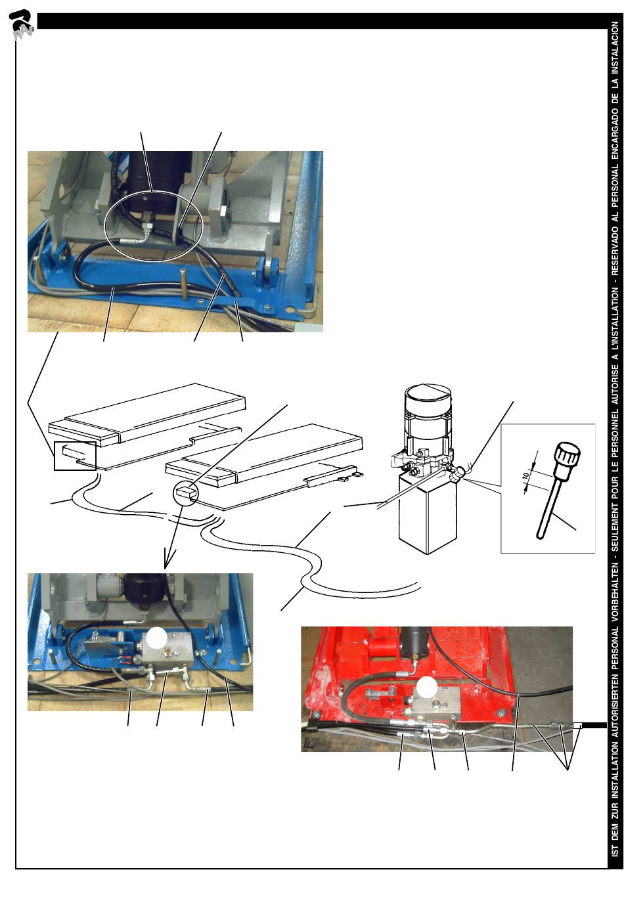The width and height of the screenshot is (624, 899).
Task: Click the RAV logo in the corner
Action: [22, 24]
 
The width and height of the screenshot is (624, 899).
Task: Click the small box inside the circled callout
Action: [183, 490]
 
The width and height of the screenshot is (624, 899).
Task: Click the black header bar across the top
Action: [321, 21]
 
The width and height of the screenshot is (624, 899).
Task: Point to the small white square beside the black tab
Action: [572, 726]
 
